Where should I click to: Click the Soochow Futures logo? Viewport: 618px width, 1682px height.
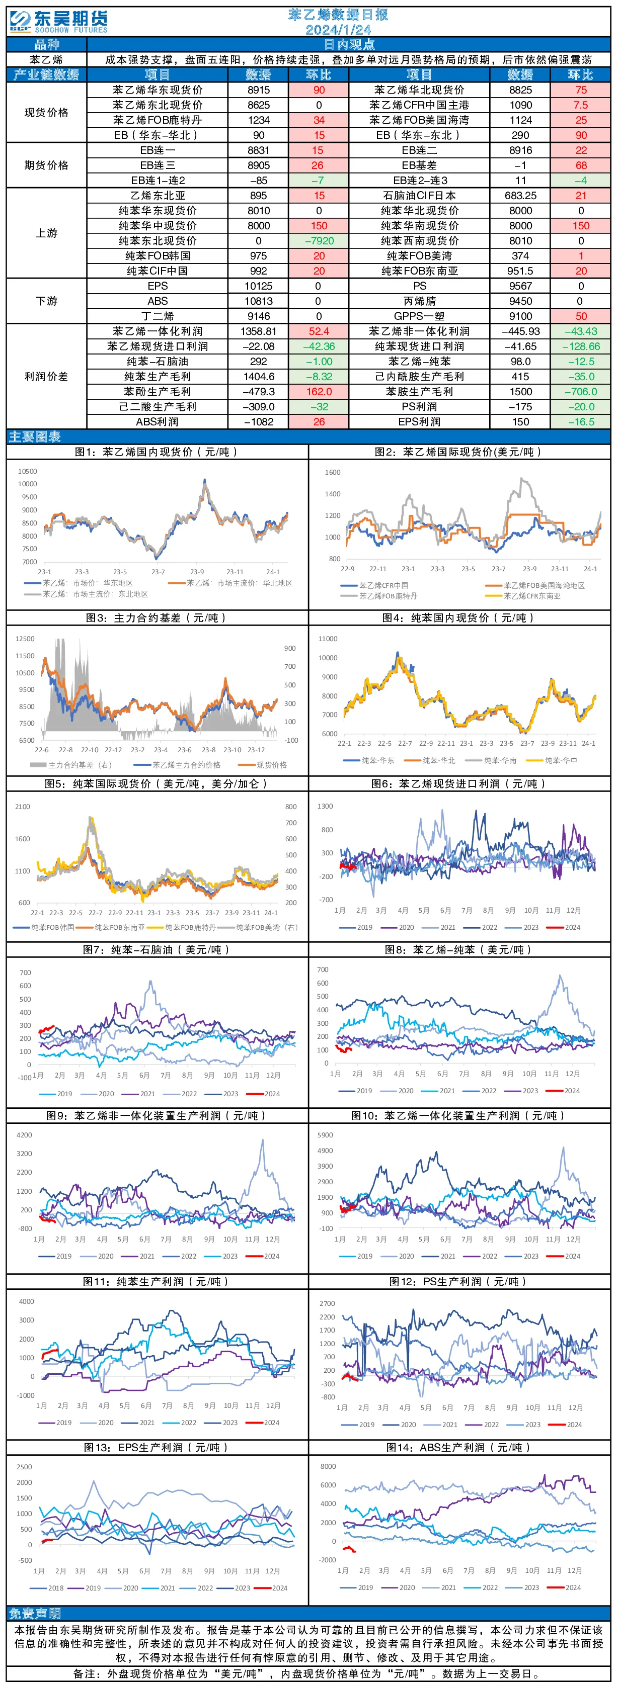point(59,21)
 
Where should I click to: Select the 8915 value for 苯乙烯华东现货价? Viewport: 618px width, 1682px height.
point(259,90)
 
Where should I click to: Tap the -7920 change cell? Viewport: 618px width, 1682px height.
point(319,241)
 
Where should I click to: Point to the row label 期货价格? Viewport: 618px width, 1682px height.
point(46,165)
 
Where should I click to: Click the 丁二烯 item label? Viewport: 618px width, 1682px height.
point(158,316)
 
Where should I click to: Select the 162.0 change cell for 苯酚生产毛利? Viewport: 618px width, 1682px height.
point(319,392)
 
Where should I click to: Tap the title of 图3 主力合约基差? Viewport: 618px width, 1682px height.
point(157,617)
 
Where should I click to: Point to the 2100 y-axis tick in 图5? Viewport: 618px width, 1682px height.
point(22,807)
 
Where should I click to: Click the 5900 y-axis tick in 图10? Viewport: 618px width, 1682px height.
point(325,1135)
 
